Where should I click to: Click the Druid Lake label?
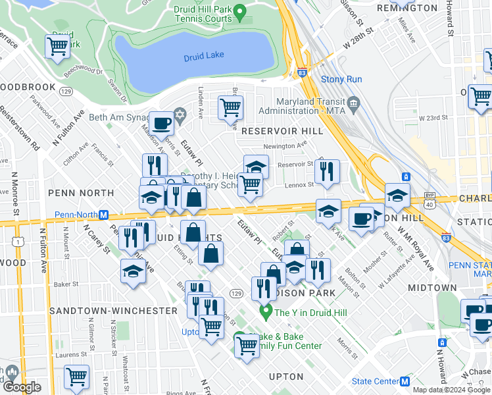point(203,57)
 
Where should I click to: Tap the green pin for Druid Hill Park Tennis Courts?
point(240,11)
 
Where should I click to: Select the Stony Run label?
point(341,80)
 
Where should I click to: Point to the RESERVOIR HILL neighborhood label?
point(282,131)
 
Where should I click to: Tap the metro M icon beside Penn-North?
point(103,215)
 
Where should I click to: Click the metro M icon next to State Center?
point(405,381)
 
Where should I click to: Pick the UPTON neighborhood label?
point(286,377)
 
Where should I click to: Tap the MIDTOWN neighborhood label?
point(431,288)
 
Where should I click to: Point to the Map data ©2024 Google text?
point(451,390)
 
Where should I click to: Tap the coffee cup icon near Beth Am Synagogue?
point(161,123)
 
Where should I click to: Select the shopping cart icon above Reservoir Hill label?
point(230,107)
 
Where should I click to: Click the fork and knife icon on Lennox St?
point(327,172)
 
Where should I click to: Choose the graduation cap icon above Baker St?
point(134,271)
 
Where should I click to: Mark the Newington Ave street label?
point(285,146)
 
